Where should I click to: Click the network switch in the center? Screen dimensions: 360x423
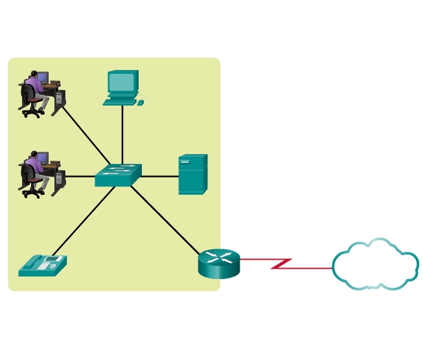coord(117,175)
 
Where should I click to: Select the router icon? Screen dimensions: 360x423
coord(219,263)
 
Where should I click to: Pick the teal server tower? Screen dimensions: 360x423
coord(192,174)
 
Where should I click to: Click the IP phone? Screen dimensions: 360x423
coord(42,265)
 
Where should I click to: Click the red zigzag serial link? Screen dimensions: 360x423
coord(283,264)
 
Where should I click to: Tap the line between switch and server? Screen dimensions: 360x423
coord(159,175)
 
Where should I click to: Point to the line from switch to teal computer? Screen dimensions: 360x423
coord(122,133)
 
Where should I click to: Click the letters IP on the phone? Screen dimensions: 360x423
coord(54,266)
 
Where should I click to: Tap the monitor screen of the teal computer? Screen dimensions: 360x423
coord(122,82)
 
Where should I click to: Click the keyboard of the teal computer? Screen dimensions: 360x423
coord(120,101)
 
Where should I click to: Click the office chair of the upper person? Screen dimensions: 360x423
coord(29,104)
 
